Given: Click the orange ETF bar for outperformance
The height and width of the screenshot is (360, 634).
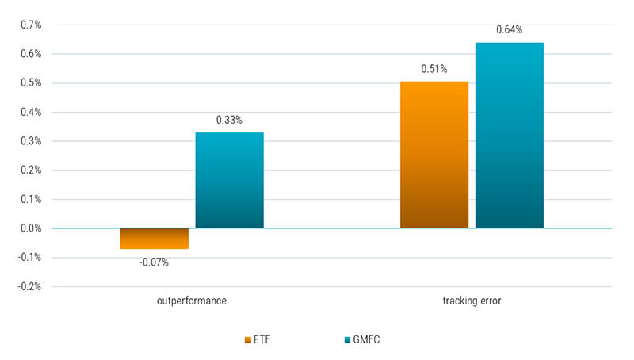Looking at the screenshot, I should point(154,239).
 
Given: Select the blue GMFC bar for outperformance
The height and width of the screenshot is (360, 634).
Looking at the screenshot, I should point(229,181).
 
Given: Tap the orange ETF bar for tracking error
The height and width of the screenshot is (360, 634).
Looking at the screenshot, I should point(434,155).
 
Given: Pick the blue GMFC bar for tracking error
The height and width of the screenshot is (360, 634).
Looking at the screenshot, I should point(510,136).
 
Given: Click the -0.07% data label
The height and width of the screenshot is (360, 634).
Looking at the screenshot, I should point(154,262).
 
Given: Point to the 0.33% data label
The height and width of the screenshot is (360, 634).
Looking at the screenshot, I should point(229,121).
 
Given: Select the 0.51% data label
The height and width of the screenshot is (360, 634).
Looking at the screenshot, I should point(434,68).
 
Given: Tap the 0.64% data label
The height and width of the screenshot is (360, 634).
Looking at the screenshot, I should point(510,30).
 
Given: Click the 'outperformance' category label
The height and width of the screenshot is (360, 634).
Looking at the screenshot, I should point(191,302).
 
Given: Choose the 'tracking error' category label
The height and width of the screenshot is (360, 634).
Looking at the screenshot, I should point(472,302).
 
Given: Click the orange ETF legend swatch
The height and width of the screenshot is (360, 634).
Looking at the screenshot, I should point(247,340).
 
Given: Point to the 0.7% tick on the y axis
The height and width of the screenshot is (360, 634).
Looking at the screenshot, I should point(31,25).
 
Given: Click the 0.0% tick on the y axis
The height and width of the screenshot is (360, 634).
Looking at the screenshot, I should point(31,228).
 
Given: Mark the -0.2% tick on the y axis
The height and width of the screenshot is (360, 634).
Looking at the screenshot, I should point(29,287).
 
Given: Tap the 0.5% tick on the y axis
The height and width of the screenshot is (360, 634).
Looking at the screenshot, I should point(31,83).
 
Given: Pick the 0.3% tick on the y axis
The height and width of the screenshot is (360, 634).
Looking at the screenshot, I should point(31,141).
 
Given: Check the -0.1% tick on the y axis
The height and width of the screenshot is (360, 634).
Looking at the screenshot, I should point(29,258).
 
